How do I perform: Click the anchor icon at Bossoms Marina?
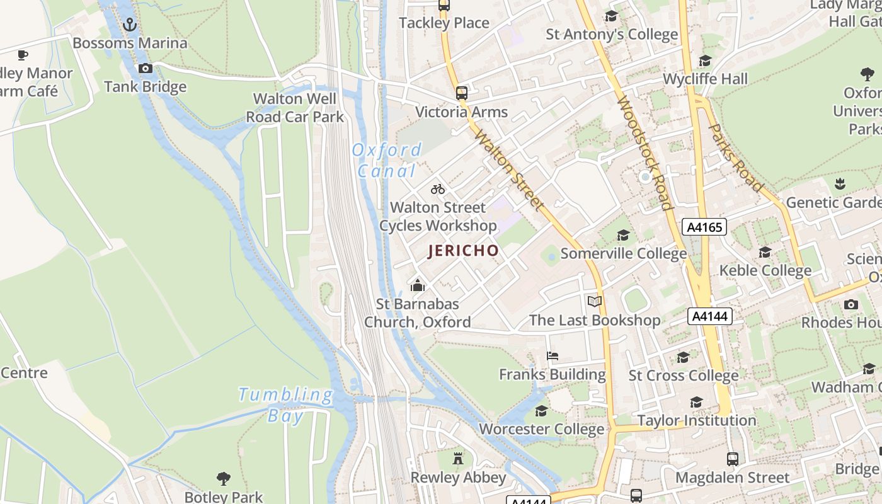click(x=129, y=25)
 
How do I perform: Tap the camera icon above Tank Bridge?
click(x=146, y=68)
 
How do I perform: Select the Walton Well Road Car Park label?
click(x=295, y=108)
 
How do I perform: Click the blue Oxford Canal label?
click(x=387, y=160)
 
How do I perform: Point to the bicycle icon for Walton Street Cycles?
click(x=438, y=189)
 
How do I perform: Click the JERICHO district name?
click(x=464, y=251)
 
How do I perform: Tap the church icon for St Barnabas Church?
click(x=417, y=286)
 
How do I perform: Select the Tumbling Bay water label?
click(x=286, y=404)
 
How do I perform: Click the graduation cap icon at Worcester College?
click(x=541, y=411)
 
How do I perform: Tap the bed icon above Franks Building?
click(x=553, y=356)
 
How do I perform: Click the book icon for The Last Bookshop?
click(x=595, y=301)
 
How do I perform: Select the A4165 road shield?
click(x=704, y=227)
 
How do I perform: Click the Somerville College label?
click(x=623, y=253)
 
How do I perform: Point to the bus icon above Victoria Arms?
click(x=462, y=93)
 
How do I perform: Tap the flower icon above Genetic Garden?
click(x=839, y=184)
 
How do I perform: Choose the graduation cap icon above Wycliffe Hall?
click(x=705, y=61)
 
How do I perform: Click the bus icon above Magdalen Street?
click(x=732, y=459)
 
